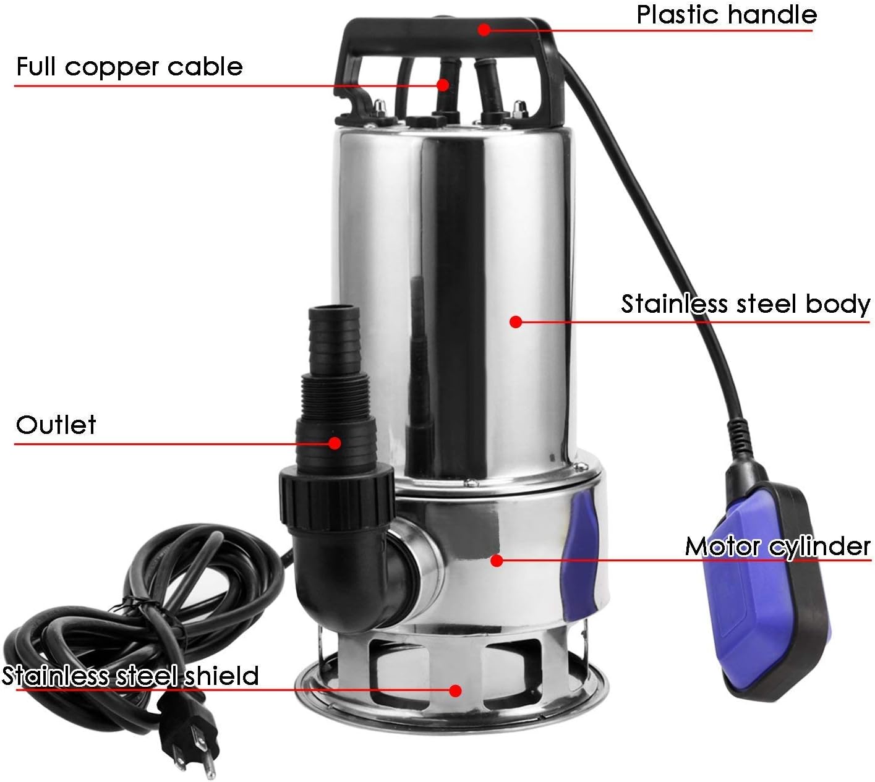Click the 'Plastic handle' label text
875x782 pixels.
pos(727,15)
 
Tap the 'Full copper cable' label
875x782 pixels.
pos(130,67)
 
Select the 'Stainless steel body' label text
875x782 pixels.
pos(745,304)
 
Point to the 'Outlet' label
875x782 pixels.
pos(56,425)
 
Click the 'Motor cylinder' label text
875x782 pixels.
pos(777,546)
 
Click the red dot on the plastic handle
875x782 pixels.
pos(484,29)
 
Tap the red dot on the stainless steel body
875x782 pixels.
pos(516,321)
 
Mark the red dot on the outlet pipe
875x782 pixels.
pos(335,443)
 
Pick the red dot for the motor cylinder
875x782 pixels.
pos(497,561)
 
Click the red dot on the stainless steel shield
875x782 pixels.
pos(455,690)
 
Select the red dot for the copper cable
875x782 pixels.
pos(442,85)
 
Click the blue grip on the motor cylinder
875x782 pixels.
pos(581,557)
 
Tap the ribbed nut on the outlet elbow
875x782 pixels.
pos(336,496)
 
